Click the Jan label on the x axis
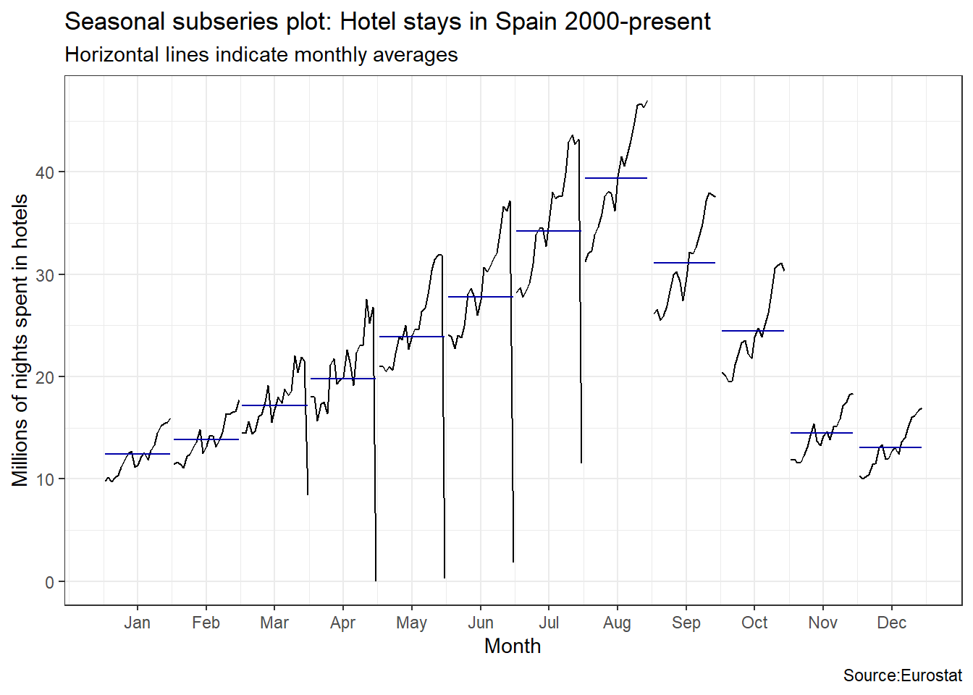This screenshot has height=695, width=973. point(137,623)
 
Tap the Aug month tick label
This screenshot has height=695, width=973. point(617,623)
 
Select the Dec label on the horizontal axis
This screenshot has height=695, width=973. point(891,623)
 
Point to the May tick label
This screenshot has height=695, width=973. point(411,623)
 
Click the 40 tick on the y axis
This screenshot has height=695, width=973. point(45,172)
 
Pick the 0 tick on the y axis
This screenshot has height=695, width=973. point(49,582)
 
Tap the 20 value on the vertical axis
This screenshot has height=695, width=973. point(45,377)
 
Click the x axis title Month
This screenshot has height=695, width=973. point(513,646)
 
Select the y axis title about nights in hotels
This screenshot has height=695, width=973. point(20,340)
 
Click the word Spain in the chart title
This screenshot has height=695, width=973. point(526,22)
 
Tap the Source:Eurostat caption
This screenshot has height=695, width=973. point(902,675)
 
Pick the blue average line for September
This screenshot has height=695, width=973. point(684,263)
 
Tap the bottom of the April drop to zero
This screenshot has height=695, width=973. point(376,580)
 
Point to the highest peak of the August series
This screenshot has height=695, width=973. point(646,101)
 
